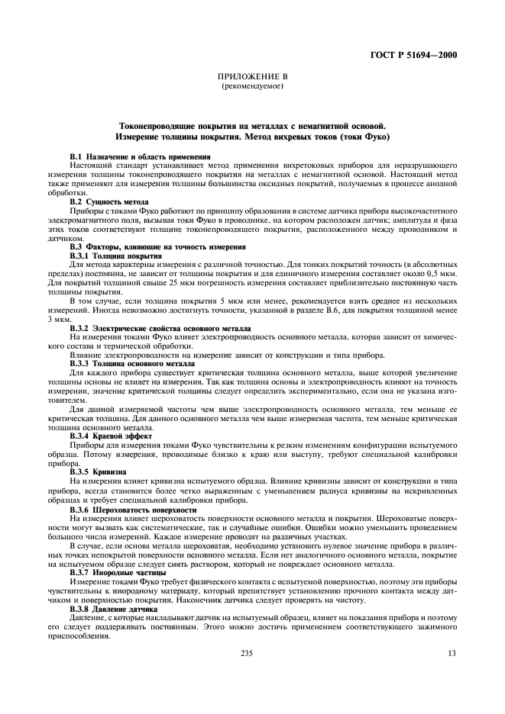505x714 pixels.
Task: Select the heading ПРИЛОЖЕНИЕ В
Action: (252, 78)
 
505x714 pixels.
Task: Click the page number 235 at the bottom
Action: (247, 653)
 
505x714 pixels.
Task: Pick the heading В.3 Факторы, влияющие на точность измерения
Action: (157, 246)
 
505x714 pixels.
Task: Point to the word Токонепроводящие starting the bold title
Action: (155, 124)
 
